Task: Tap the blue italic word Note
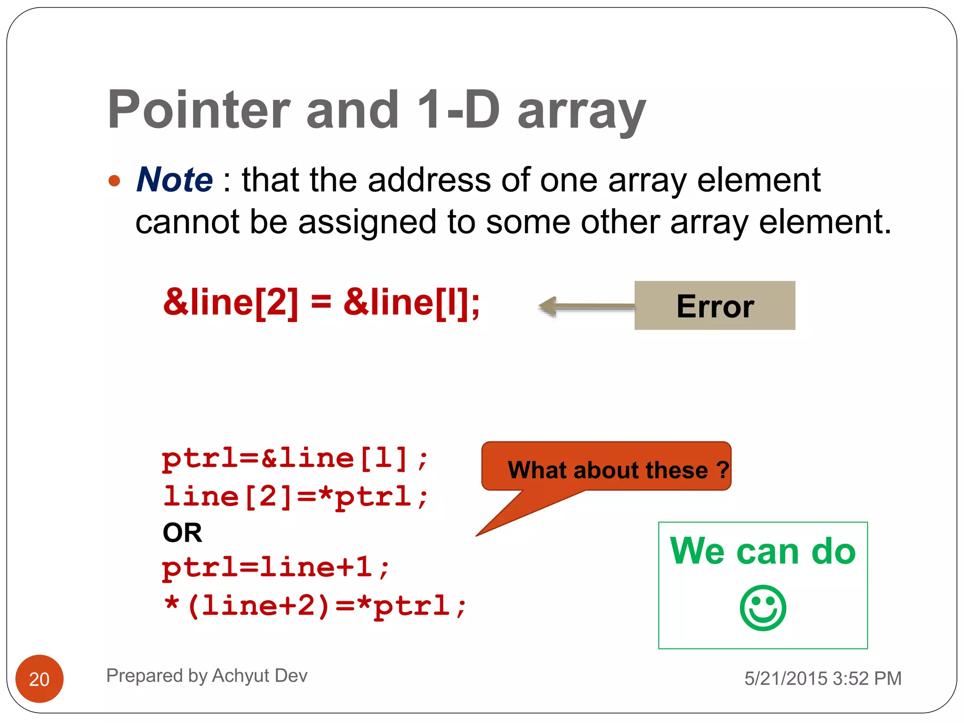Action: click(x=175, y=180)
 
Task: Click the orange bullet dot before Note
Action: click(x=114, y=181)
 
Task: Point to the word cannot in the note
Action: click(x=187, y=222)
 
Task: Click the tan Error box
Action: click(x=715, y=306)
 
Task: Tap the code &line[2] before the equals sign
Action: click(x=231, y=302)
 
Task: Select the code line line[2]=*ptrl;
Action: click(x=295, y=497)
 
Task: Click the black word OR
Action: click(x=182, y=533)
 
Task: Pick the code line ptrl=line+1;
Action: click(x=276, y=567)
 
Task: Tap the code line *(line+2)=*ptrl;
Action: click(x=314, y=606)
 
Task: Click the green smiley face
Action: click(x=763, y=608)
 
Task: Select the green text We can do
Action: click(x=763, y=551)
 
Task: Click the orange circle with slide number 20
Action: click(x=40, y=679)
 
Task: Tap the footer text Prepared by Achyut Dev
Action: click(x=207, y=676)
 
